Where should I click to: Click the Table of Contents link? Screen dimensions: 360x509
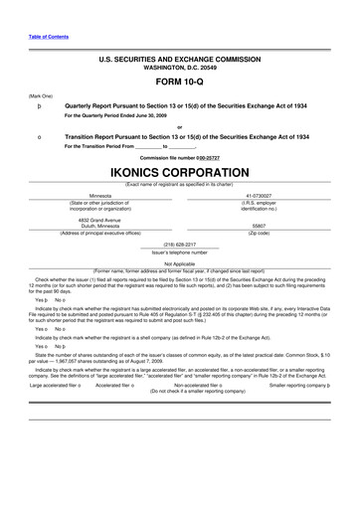click(35, 37)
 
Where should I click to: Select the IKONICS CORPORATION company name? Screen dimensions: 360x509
click(179, 174)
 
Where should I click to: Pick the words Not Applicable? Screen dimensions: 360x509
click(180, 263)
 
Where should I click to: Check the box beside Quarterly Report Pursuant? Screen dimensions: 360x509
click(38, 104)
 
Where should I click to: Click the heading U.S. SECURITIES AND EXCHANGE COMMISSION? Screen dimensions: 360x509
click(179, 60)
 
